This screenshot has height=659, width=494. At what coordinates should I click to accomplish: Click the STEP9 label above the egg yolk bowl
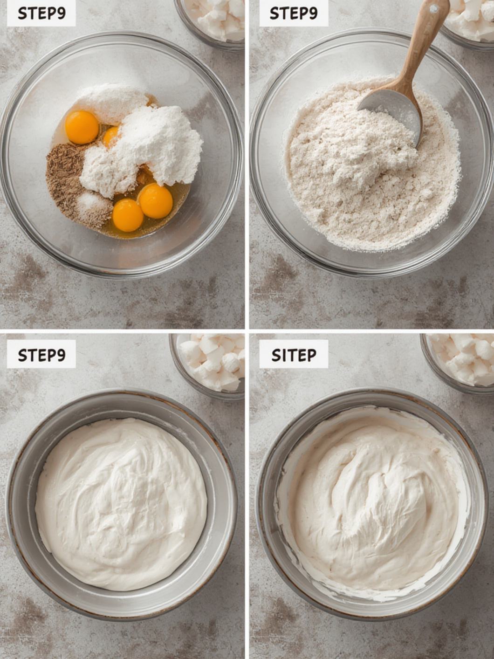coord(41,14)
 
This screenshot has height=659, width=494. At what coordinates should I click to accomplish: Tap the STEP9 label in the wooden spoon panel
coord(293,14)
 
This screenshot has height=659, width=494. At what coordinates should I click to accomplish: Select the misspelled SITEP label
coord(294,355)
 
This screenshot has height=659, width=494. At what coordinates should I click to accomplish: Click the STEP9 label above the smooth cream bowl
coord(41,355)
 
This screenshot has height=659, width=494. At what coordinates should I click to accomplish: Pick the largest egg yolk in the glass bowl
coord(82,127)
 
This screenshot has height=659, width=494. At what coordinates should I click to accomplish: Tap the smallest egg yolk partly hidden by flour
coord(111,137)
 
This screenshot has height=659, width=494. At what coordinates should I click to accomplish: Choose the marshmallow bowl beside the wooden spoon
coord(468,19)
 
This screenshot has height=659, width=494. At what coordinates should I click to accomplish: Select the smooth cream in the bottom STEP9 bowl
coord(121,503)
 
